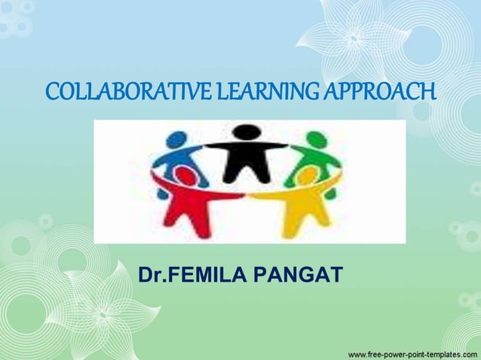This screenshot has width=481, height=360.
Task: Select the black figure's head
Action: [x=246, y=133]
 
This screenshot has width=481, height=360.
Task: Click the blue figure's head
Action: [x=176, y=140]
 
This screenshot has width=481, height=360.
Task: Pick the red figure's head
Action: [x=185, y=176]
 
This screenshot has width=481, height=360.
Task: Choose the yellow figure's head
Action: [x=306, y=176]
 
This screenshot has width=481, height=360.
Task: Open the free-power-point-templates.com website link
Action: [x=412, y=352]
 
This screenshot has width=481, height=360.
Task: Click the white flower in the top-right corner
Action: [x=354, y=38]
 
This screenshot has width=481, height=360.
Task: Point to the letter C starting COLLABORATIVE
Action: [x=52, y=93]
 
